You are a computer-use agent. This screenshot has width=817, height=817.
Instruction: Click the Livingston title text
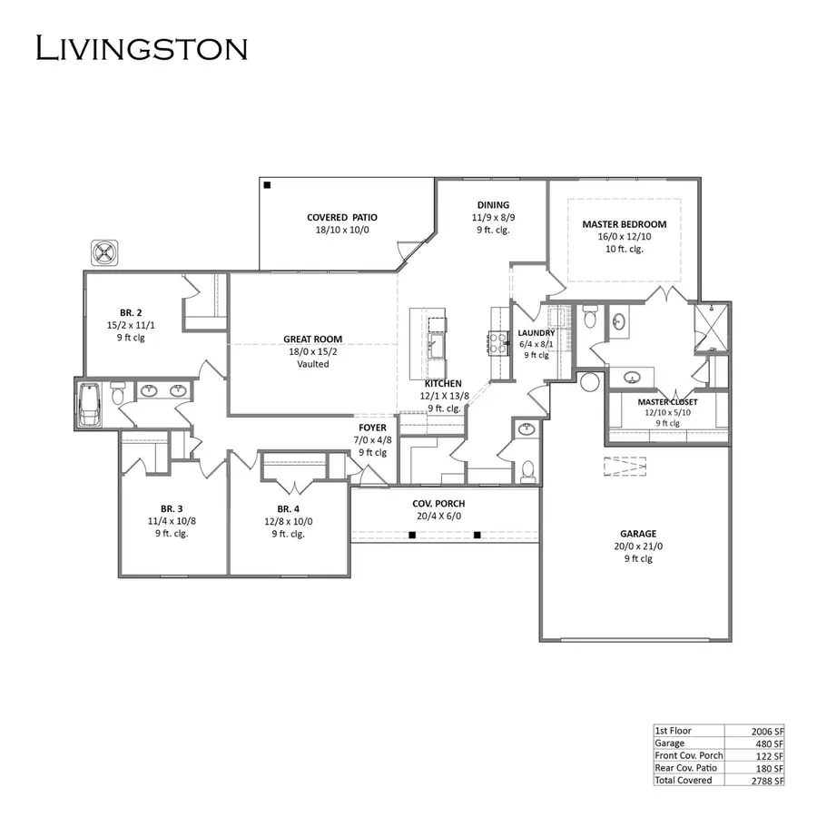[141, 47]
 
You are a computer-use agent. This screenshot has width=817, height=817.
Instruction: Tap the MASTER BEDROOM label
[624, 224]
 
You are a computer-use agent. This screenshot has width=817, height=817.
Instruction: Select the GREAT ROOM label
[312, 340]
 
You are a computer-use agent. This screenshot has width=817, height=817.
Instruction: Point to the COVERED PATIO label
[341, 217]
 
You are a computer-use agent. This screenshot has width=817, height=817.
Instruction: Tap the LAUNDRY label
[536, 333]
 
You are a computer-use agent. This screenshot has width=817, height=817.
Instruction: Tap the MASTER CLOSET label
[667, 401]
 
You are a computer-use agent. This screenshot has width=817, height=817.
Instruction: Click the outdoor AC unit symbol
[105, 251]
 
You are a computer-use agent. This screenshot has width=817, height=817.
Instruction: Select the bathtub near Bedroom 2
[91, 403]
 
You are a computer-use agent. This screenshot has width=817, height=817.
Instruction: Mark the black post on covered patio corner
[268, 185]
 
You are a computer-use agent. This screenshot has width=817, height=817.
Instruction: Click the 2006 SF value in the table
[767, 730]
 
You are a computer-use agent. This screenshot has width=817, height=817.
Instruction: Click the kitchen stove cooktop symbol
[497, 341]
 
